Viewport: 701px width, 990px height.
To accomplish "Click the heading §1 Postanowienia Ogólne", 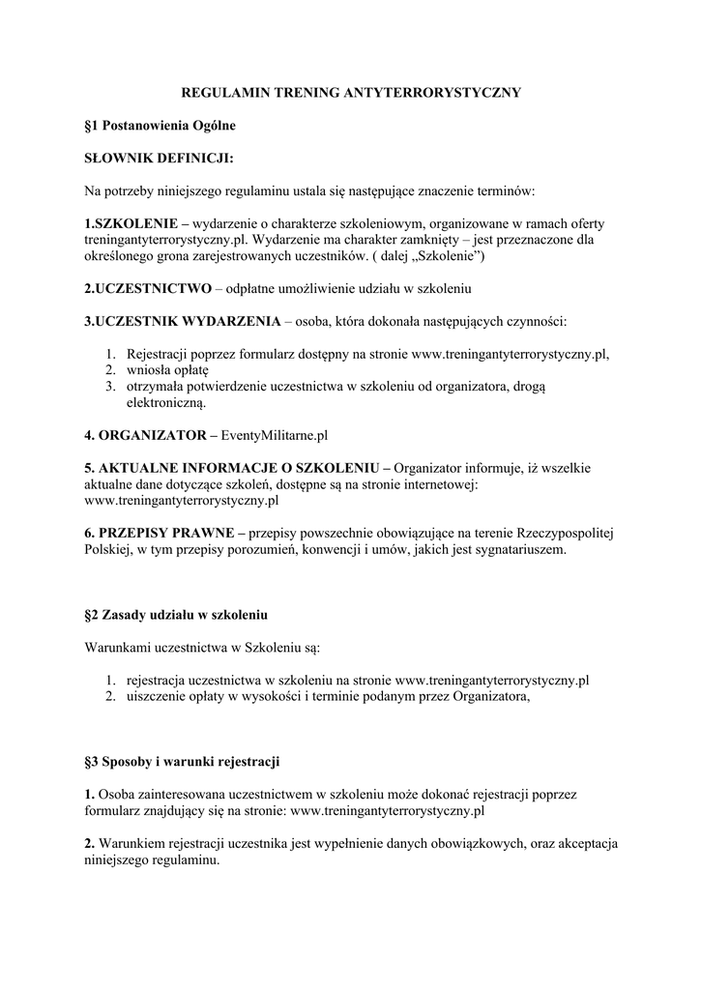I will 160,126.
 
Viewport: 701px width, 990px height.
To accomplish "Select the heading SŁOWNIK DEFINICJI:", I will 160,158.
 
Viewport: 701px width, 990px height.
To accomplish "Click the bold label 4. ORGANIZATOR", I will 143,435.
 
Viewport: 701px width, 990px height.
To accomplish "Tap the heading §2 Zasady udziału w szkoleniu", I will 176,615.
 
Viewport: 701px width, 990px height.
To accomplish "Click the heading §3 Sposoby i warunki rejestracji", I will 183,762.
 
